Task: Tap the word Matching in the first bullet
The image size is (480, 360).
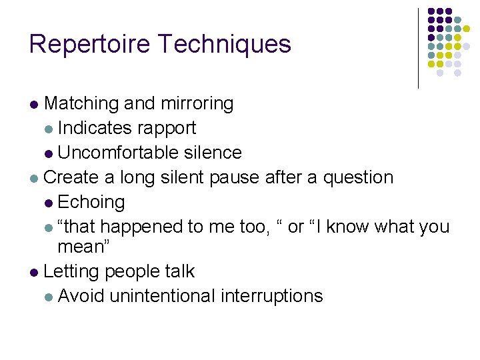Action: (x=81, y=103)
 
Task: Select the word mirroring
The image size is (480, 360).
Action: (x=197, y=103)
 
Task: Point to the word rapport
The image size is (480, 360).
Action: (x=167, y=128)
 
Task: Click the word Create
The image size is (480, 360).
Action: (x=69, y=177)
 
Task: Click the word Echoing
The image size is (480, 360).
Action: (x=91, y=202)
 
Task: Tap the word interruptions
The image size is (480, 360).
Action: (x=271, y=296)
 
